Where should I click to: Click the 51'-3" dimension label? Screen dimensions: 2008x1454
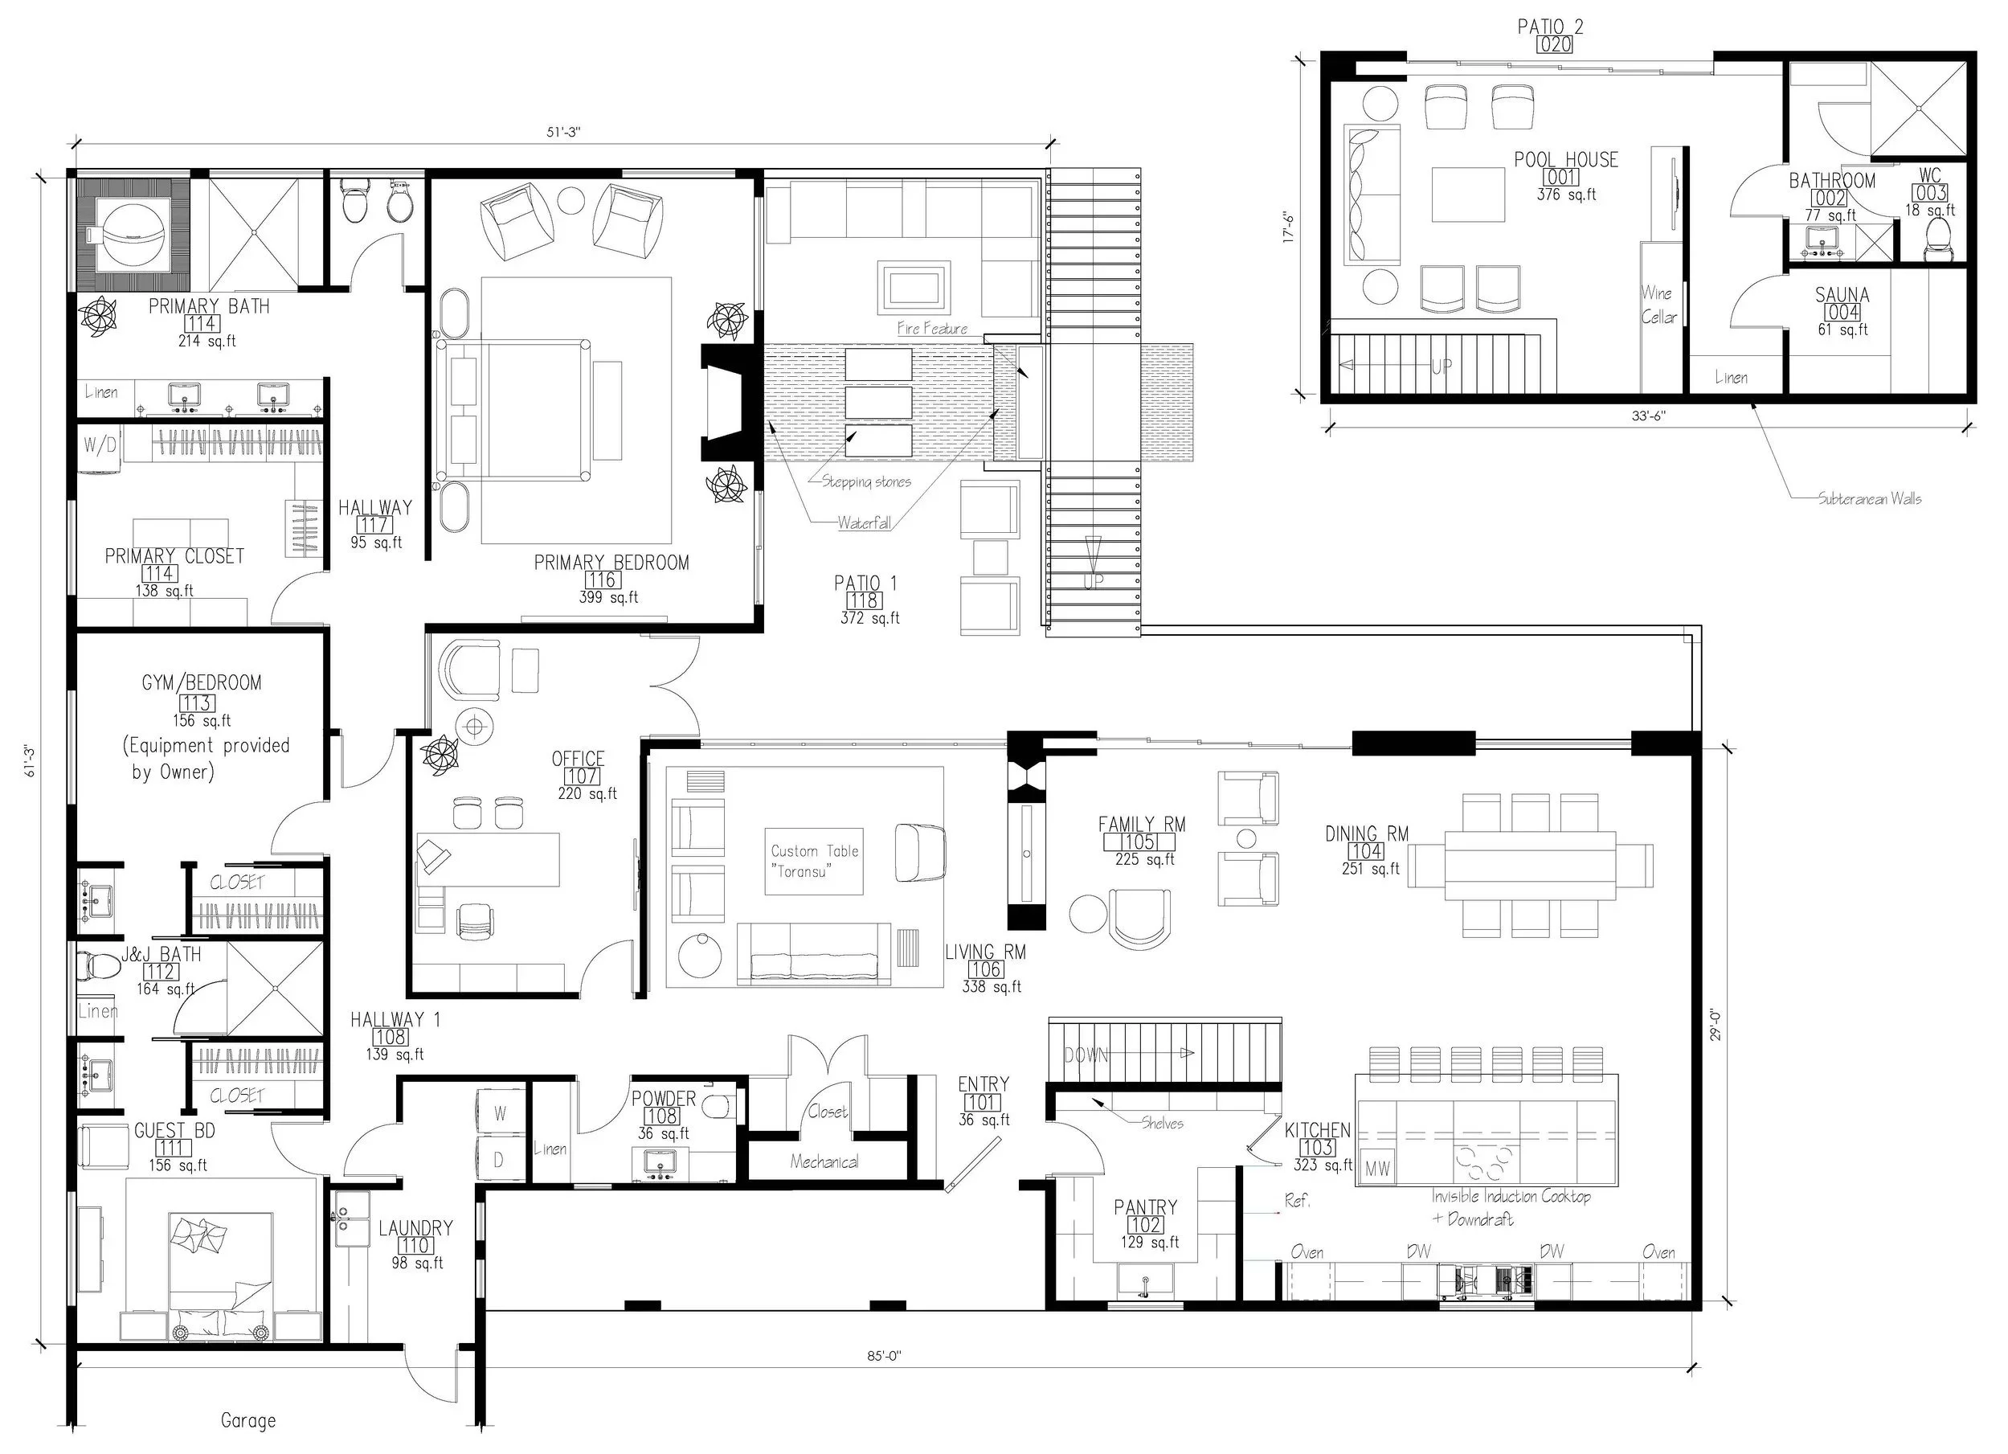coord(563,132)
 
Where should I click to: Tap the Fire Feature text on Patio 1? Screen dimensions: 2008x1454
coord(932,329)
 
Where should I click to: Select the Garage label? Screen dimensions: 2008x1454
coord(248,1420)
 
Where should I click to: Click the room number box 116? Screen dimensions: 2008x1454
coord(602,580)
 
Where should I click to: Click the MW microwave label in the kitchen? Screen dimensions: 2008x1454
coord(1376,1169)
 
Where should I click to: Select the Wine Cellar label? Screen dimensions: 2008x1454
coord(1658,305)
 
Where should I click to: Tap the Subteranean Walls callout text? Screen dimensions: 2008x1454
coord(1870,498)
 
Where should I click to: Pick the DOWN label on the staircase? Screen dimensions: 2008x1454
coord(1086,1055)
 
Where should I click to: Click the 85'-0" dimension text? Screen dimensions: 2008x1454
coord(885,1357)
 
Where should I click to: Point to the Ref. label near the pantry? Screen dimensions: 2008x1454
coord(1297,1202)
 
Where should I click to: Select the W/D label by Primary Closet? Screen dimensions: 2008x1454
coord(100,444)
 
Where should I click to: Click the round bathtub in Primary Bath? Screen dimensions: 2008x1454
coord(133,236)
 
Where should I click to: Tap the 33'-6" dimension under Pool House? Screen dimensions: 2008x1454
coord(1649,416)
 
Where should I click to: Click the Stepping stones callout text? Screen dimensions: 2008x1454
coord(866,482)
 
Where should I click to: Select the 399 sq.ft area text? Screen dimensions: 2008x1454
coord(609,598)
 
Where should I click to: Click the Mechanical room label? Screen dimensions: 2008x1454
coord(824,1161)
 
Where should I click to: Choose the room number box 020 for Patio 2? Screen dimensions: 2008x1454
coord(1555,44)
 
